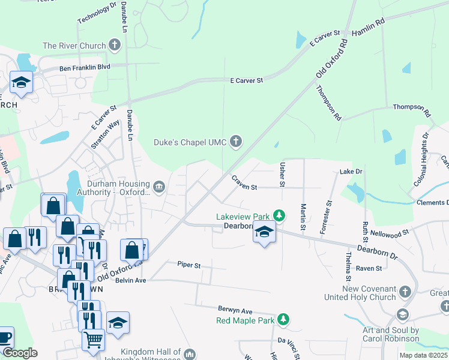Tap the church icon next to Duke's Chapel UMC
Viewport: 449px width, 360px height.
click(x=236, y=142)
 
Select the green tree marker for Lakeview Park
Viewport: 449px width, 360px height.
click(x=279, y=215)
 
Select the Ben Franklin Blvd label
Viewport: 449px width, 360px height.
click(x=85, y=68)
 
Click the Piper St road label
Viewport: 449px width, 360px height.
click(x=188, y=264)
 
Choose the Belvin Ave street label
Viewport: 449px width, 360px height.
click(x=131, y=280)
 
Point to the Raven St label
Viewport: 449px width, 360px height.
click(x=369, y=268)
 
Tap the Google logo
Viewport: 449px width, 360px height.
click(x=20, y=353)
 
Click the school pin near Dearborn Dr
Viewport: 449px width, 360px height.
click(x=264, y=230)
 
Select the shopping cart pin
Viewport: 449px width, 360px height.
click(x=93, y=339)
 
